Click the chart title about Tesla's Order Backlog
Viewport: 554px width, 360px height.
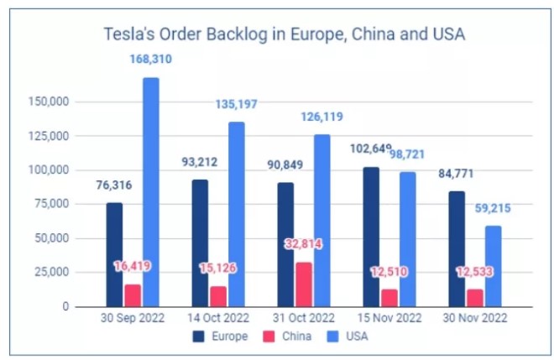pos(285,34)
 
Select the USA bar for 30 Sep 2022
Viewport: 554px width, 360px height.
pos(151,192)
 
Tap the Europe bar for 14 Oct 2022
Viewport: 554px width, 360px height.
pos(201,243)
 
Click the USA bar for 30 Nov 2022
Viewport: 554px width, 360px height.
pos(494,266)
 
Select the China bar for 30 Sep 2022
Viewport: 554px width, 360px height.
pos(132,295)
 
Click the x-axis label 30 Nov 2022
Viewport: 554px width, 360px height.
pos(474,320)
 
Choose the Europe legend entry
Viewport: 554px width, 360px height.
pos(221,337)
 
